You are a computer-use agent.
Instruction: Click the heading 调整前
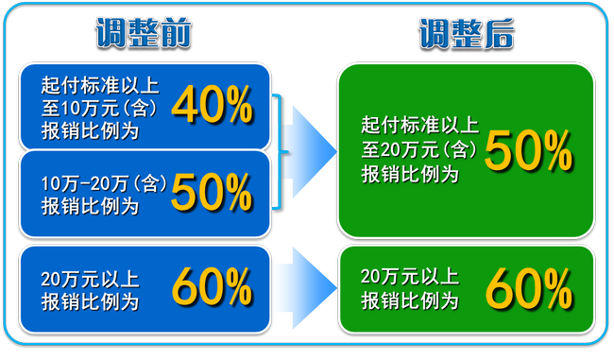(144, 34)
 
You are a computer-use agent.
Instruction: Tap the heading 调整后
(467, 34)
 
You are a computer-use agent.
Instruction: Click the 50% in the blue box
(212, 193)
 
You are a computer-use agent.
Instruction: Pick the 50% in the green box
(529, 150)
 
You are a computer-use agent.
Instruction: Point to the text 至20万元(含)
(417, 148)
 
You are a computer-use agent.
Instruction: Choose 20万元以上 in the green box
(410, 277)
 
